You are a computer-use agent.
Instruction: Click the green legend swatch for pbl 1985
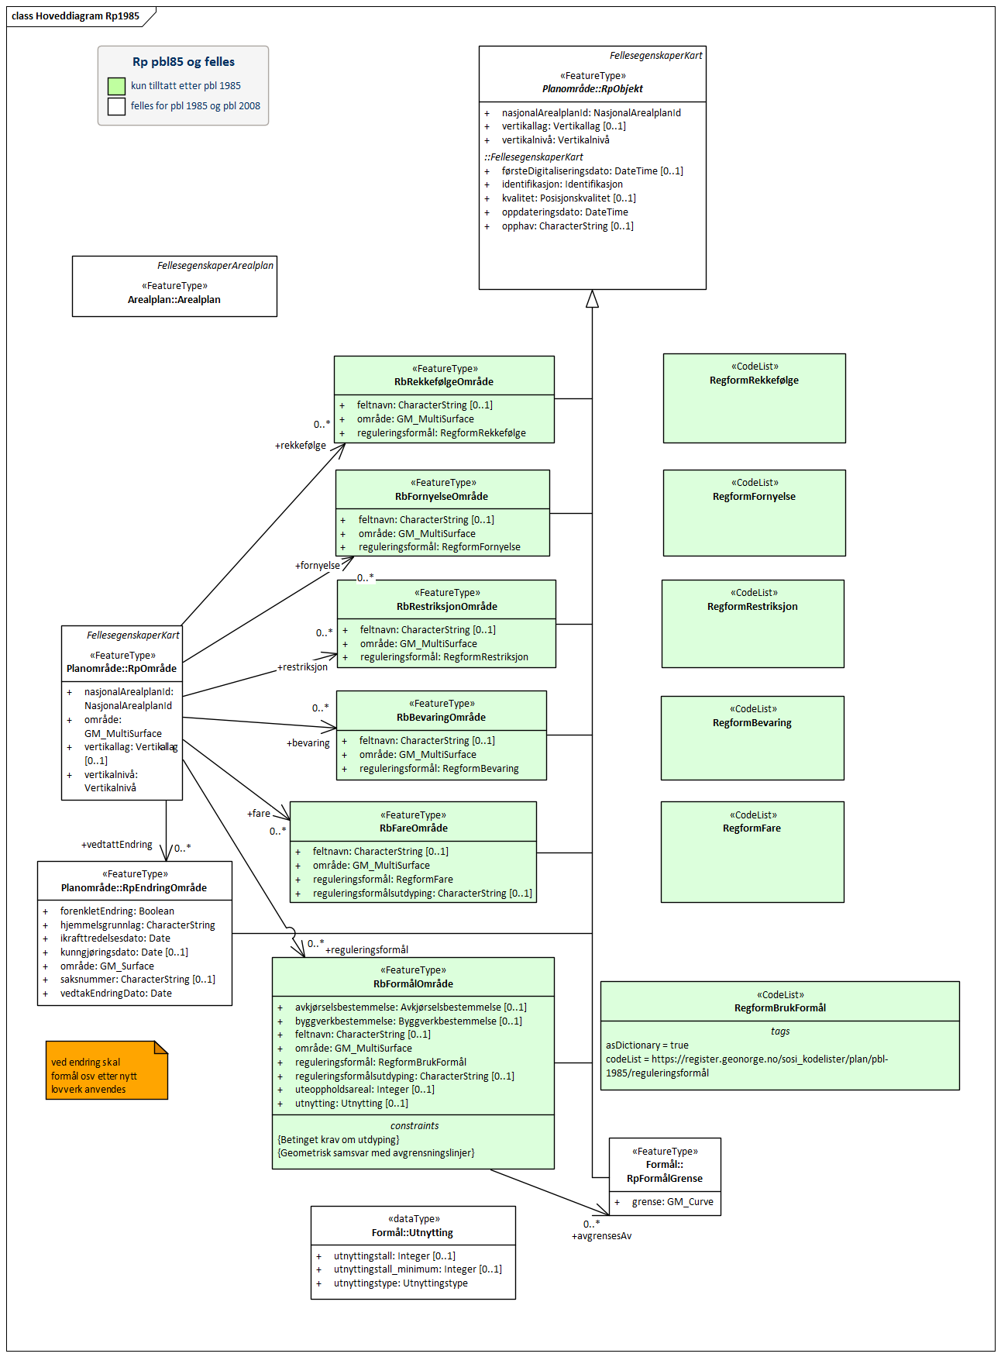click(116, 86)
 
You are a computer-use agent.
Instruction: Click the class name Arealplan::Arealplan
click(174, 300)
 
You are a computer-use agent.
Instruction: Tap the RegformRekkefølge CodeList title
click(754, 381)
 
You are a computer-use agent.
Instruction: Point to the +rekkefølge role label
click(301, 446)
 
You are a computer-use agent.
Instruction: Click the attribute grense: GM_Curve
click(672, 1202)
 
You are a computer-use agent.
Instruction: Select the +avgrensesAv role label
click(601, 1236)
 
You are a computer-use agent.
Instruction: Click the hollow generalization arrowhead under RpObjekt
click(592, 299)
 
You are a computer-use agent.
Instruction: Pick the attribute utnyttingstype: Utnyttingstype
click(401, 1283)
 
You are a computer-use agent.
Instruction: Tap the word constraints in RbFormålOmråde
click(415, 1126)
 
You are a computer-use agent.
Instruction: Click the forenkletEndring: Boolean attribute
click(117, 911)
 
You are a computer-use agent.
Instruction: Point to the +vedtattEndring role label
click(117, 845)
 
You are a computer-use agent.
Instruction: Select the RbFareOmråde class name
click(414, 828)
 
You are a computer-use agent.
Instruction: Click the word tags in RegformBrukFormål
click(780, 1032)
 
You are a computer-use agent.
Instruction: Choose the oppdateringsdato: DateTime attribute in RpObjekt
click(565, 212)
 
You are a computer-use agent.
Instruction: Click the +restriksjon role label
click(303, 667)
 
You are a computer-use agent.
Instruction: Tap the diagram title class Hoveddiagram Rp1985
click(76, 16)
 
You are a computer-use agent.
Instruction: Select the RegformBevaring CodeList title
click(752, 723)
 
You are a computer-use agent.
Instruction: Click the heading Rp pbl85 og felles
click(184, 62)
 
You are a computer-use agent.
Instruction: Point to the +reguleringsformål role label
click(366, 950)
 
